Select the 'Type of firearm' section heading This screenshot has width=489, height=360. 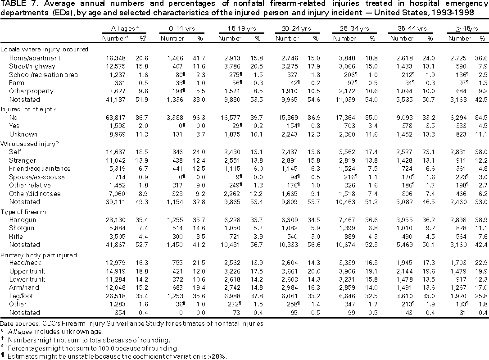point(25,211)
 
